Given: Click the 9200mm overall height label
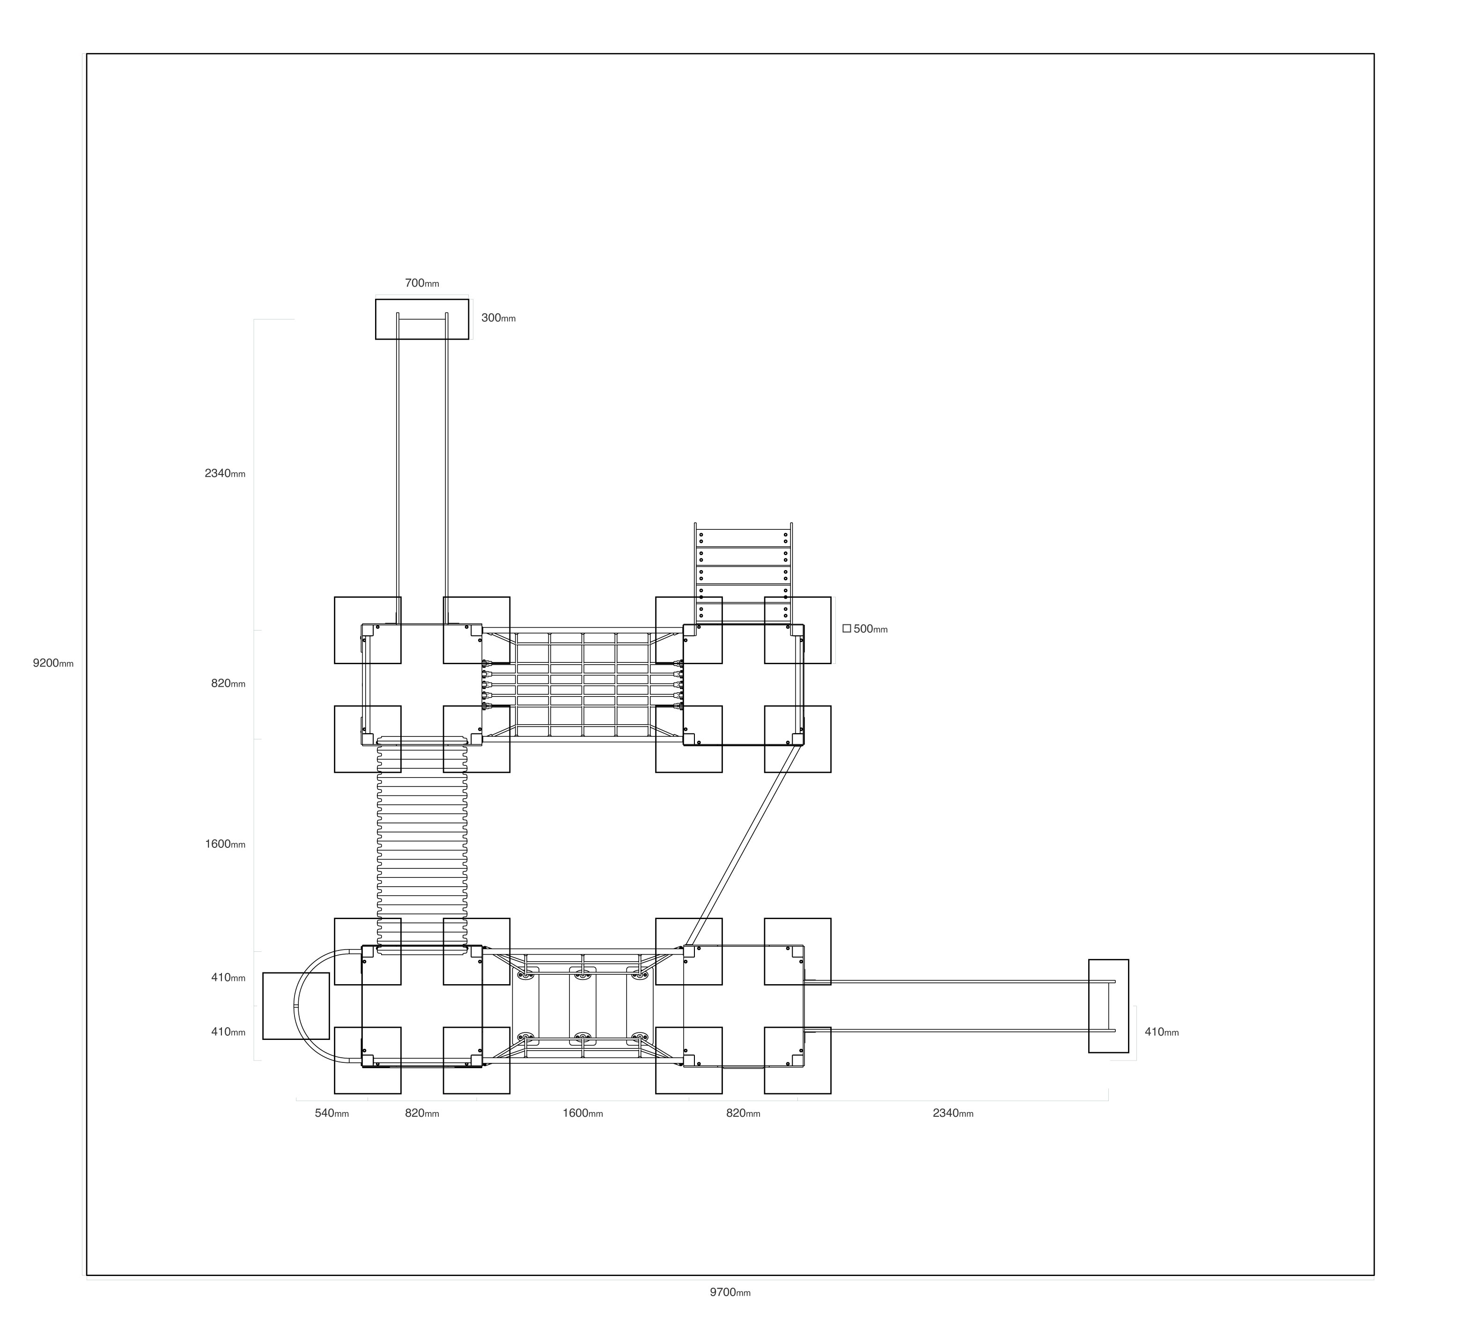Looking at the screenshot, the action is pos(53,663).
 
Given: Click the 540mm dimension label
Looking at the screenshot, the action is pos(332,1113).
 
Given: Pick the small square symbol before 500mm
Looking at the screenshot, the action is pos(847,629).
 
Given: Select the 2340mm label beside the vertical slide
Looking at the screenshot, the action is pos(225,474).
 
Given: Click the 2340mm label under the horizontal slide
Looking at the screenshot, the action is pos(953,1113).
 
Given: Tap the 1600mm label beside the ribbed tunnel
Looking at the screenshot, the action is pos(225,844).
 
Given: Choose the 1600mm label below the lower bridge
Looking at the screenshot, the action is pos(583,1113).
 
